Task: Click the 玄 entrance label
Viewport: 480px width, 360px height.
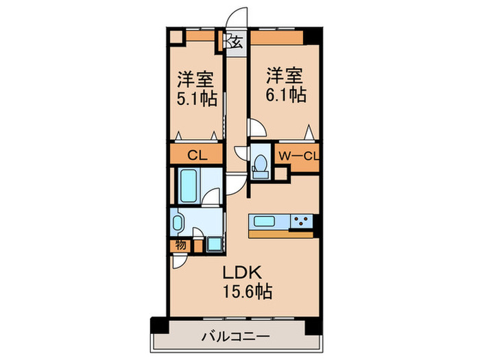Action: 237,42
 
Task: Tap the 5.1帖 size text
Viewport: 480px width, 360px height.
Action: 197,99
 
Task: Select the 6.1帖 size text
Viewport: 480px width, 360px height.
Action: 286,95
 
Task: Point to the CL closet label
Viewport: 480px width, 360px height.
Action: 197,156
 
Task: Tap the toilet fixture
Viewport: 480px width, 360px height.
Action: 260,166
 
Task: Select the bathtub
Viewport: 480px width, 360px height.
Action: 189,186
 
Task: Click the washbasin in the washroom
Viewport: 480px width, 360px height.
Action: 177,223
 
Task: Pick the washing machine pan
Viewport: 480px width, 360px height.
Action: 214,244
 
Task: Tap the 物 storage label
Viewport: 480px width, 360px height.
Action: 180,245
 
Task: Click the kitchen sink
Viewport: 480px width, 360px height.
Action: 264,221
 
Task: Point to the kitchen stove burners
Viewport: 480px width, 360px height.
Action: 301,221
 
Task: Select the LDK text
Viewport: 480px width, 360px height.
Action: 242,272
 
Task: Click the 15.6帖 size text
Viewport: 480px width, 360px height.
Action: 248,291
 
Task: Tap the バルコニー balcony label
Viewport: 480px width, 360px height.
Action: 235,337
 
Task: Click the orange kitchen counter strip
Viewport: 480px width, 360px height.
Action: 281,235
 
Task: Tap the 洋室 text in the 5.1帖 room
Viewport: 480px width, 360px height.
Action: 195,80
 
